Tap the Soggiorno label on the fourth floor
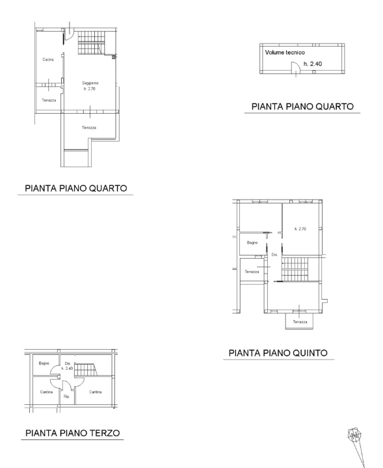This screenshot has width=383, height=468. tap(90, 83)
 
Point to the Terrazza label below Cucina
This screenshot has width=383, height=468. tap(49, 100)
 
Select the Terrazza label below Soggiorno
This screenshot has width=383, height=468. tap(89, 127)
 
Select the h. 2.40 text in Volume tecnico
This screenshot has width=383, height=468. tap(313, 64)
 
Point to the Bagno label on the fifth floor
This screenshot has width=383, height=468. tap(252, 242)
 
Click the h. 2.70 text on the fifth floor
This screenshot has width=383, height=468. tap(300, 229)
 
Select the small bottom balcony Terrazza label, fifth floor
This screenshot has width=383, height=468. tap(300, 322)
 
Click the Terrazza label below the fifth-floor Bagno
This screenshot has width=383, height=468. tap(252, 272)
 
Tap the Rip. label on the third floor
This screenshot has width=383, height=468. tap(66, 395)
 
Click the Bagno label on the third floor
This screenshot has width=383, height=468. tap(44, 363)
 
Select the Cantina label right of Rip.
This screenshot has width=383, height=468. tap(95, 391)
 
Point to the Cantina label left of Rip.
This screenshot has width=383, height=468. tap(45, 391)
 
